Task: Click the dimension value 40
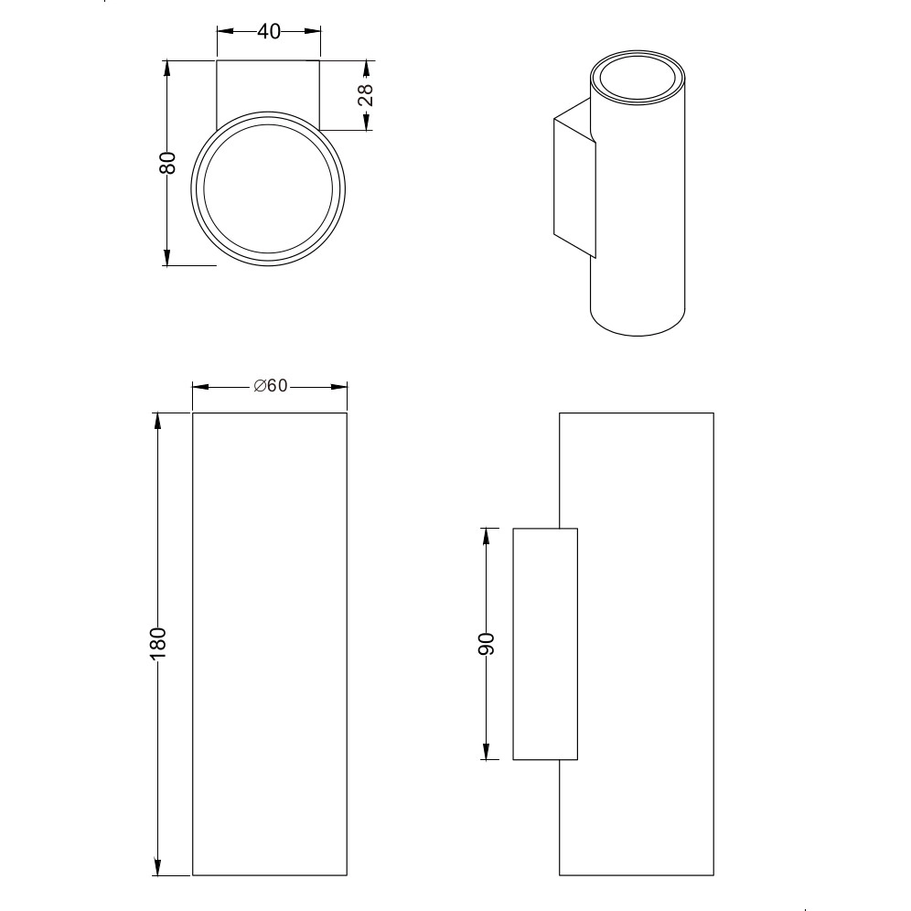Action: coord(268,31)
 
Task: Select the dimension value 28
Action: coord(366,95)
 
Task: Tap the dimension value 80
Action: coord(166,163)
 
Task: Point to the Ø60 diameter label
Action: coord(271,386)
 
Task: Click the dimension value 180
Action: coord(158,643)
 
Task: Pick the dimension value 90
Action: coord(486,644)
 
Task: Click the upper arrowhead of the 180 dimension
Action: coord(157,422)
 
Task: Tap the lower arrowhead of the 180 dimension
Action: coord(157,866)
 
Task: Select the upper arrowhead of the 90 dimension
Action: coord(487,537)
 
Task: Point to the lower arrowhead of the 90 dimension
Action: coord(487,751)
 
